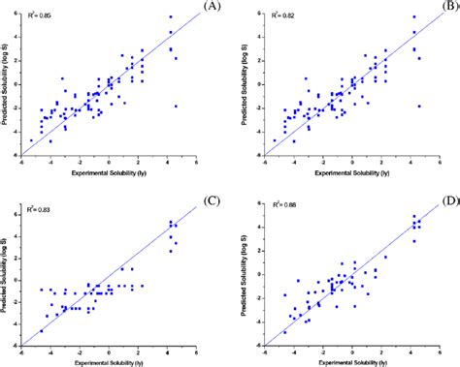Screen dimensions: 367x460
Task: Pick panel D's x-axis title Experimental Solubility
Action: (x=352, y=361)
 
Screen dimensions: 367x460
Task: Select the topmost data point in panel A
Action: (x=171, y=17)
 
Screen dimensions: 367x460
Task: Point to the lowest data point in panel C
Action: (x=41, y=331)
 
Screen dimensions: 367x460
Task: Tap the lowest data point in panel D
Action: (x=284, y=332)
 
